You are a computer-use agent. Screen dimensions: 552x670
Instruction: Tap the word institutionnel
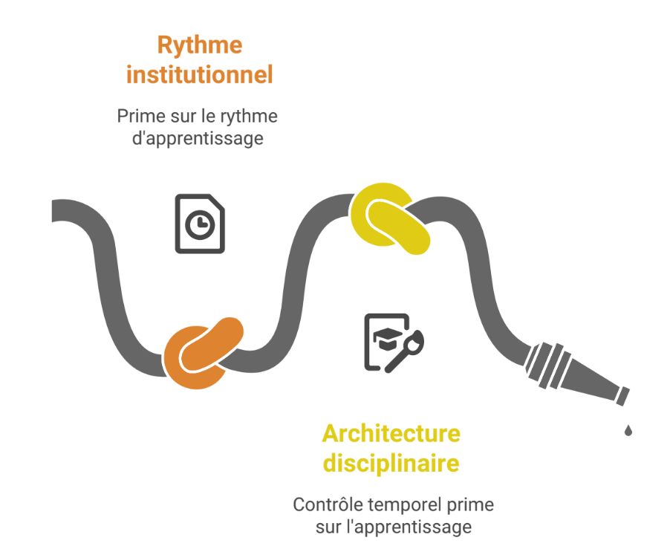pyautogui.click(x=199, y=75)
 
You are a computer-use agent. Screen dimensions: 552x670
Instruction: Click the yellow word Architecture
pyautogui.click(x=391, y=433)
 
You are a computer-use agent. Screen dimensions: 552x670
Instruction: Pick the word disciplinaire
pyautogui.click(x=391, y=464)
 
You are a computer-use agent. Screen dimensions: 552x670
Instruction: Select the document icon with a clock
pyautogui.click(x=199, y=223)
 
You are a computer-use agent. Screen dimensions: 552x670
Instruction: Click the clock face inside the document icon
pyautogui.click(x=200, y=226)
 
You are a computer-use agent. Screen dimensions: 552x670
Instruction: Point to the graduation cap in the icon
pyautogui.click(x=386, y=341)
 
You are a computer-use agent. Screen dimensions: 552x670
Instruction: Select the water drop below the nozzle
pyautogui.click(x=628, y=430)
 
